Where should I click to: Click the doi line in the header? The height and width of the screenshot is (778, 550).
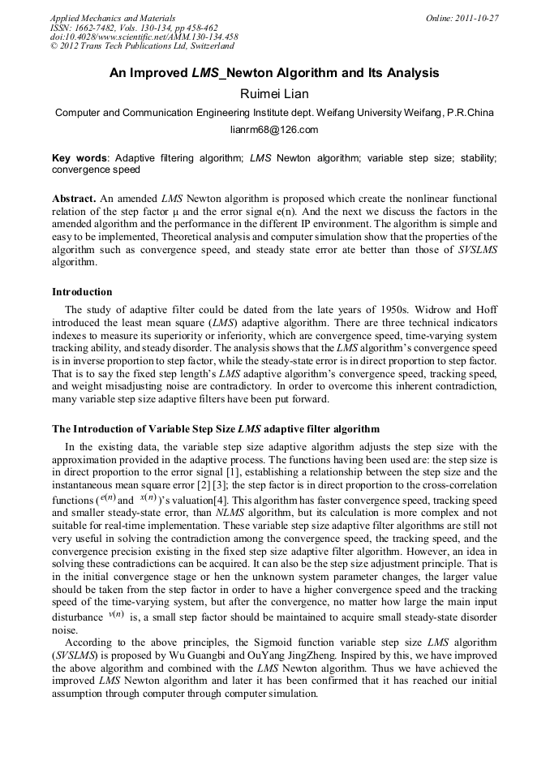click(144, 37)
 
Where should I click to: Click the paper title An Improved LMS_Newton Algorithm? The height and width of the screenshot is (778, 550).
click(274, 73)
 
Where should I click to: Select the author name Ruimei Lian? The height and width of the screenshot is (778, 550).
click(274, 94)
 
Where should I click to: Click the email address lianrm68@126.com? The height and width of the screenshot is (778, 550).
click(274, 129)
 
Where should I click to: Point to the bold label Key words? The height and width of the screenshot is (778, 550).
click(79, 158)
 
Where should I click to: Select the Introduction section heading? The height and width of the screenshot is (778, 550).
click(82, 292)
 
